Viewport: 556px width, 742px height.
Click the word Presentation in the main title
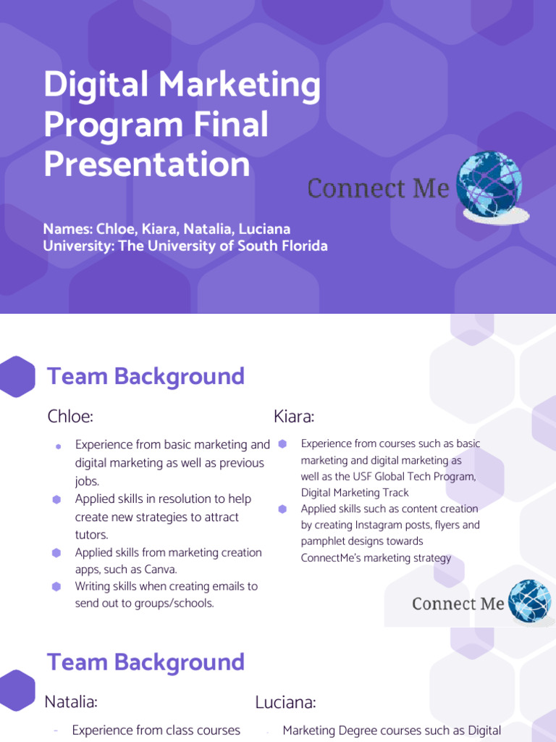tap(146, 164)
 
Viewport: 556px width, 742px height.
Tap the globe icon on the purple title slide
tap(490, 185)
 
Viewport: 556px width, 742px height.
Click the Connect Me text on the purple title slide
tap(378, 188)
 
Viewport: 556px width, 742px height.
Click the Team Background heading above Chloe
tap(146, 377)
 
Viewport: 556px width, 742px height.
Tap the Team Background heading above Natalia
tap(146, 662)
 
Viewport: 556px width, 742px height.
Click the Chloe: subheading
tap(70, 417)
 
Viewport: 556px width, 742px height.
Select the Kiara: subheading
tap(294, 417)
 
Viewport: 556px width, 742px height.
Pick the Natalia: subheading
tap(71, 701)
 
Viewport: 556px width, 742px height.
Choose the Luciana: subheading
tap(285, 702)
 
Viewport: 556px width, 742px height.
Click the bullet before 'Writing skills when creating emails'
tap(56, 586)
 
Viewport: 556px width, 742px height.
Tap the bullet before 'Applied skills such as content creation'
tap(282, 509)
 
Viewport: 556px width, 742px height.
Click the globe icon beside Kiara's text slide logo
tap(529, 601)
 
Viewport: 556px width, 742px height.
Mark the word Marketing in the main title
tap(241, 86)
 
